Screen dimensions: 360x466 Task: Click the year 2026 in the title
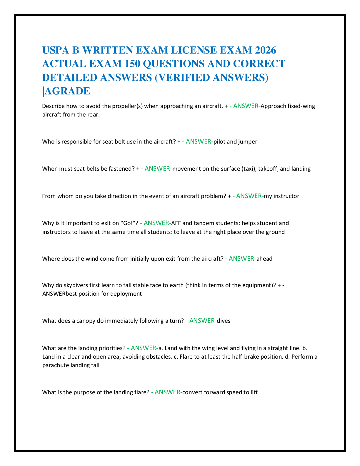point(265,50)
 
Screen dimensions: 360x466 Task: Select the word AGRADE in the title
point(67,91)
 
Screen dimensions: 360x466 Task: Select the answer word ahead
point(264,259)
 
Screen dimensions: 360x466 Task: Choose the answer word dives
point(224,321)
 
